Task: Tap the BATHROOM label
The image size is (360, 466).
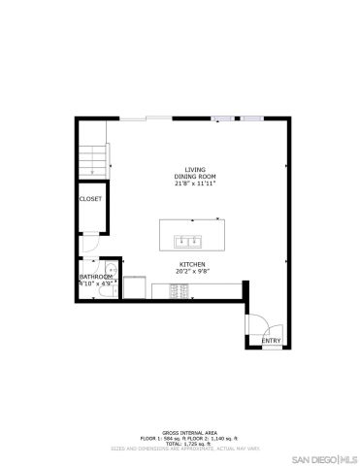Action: (x=94, y=277)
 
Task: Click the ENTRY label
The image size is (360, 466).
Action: (x=271, y=341)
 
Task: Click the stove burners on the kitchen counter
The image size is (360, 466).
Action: (x=161, y=287)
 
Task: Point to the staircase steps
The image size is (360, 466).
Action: (x=92, y=155)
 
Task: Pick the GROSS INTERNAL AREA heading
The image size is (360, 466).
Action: (x=180, y=430)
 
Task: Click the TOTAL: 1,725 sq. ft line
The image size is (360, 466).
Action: (x=180, y=443)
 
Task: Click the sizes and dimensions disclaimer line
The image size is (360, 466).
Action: (x=180, y=449)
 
